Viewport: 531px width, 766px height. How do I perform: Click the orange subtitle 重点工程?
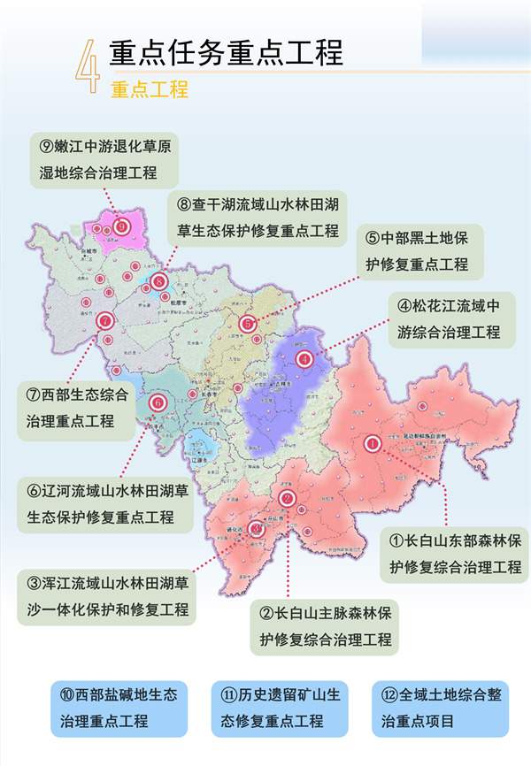[x=150, y=89]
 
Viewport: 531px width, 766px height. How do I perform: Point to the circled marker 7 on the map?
[x=105, y=322]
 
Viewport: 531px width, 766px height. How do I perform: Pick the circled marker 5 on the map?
[x=249, y=324]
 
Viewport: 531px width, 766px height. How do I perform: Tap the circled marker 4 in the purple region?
[x=304, y=358]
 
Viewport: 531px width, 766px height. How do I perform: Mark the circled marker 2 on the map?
[x=286, y=499]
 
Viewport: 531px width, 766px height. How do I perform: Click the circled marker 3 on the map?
[x=257, y=529]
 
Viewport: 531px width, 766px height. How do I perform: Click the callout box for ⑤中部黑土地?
[x=424, y=251]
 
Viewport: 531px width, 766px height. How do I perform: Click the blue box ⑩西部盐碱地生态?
[x=119, y=708]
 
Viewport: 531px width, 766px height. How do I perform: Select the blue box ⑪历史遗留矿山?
[x=275, y=708]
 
